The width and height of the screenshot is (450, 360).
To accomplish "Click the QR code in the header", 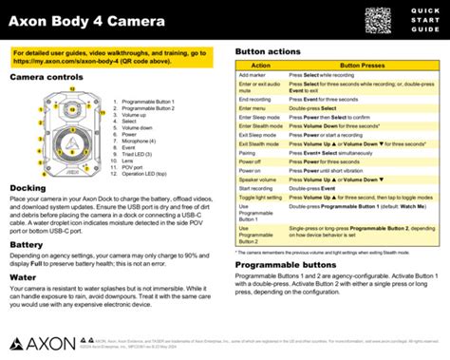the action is (x=378, y=21).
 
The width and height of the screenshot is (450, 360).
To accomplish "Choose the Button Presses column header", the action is (x=364, y=66).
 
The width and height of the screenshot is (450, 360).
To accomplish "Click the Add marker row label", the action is (x=253, y=74).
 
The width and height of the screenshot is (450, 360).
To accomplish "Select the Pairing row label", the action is (x=248, y=151).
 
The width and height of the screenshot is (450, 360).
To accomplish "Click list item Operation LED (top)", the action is (x=144, y=148).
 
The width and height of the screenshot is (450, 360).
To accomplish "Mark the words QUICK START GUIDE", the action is (x=427, y=20).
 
